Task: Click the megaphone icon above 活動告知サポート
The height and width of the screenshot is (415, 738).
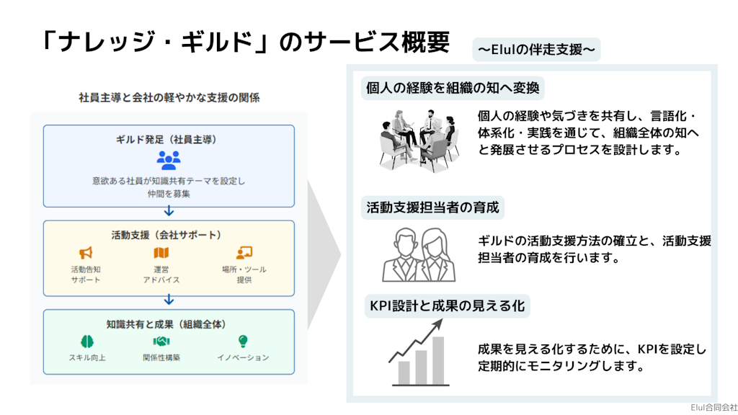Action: coord(86,253)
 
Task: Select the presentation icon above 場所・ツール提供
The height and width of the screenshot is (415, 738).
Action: coord(244,253)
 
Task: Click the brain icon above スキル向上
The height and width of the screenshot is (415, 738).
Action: coord(86,342)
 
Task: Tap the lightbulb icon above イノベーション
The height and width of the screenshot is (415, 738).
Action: coord(243,342)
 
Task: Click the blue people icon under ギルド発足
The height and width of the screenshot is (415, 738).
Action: coord(169,160)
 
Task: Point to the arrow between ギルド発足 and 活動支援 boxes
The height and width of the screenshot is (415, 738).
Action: coord(169,211)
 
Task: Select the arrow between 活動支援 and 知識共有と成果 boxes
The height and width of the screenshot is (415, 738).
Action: coord(169,299)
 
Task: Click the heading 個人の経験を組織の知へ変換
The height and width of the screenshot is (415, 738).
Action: coord(452,89)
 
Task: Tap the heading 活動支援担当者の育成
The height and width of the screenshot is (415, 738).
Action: coord(432,208)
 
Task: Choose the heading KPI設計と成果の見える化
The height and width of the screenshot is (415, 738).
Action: coord(447,305)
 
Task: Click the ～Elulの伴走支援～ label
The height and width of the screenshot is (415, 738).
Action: coord(536,50)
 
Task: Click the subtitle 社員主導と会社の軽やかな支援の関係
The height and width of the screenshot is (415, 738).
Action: coord(169,98)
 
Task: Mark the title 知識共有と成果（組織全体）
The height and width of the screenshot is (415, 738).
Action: coord(169,323)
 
